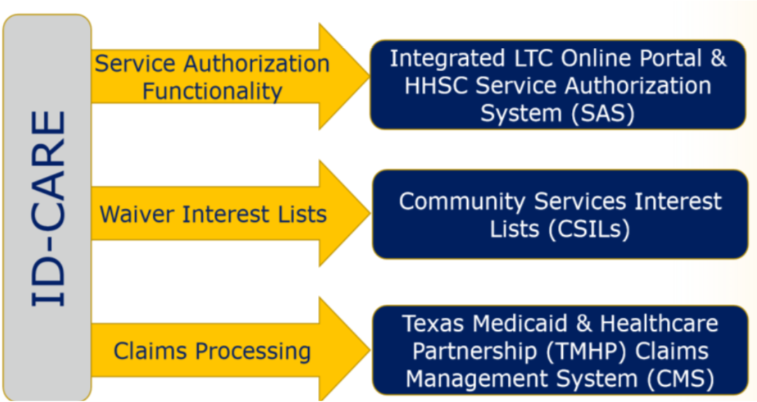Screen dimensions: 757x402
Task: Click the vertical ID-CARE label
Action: (49, 208)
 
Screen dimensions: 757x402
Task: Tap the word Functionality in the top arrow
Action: (212, 91)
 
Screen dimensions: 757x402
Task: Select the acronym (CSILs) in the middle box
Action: (589, 229)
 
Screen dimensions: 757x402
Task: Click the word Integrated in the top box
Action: (447, 59)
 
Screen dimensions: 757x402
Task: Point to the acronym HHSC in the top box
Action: (436, 86)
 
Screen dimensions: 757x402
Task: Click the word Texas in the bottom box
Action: (435, 323)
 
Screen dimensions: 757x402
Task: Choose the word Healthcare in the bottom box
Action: (659, 323)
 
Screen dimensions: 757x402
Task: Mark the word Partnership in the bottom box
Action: (475, 352)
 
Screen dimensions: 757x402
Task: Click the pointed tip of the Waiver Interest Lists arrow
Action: (369, 213)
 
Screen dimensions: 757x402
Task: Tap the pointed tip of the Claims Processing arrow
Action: (369, 350)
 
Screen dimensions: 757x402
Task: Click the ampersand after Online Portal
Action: (718, 58)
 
